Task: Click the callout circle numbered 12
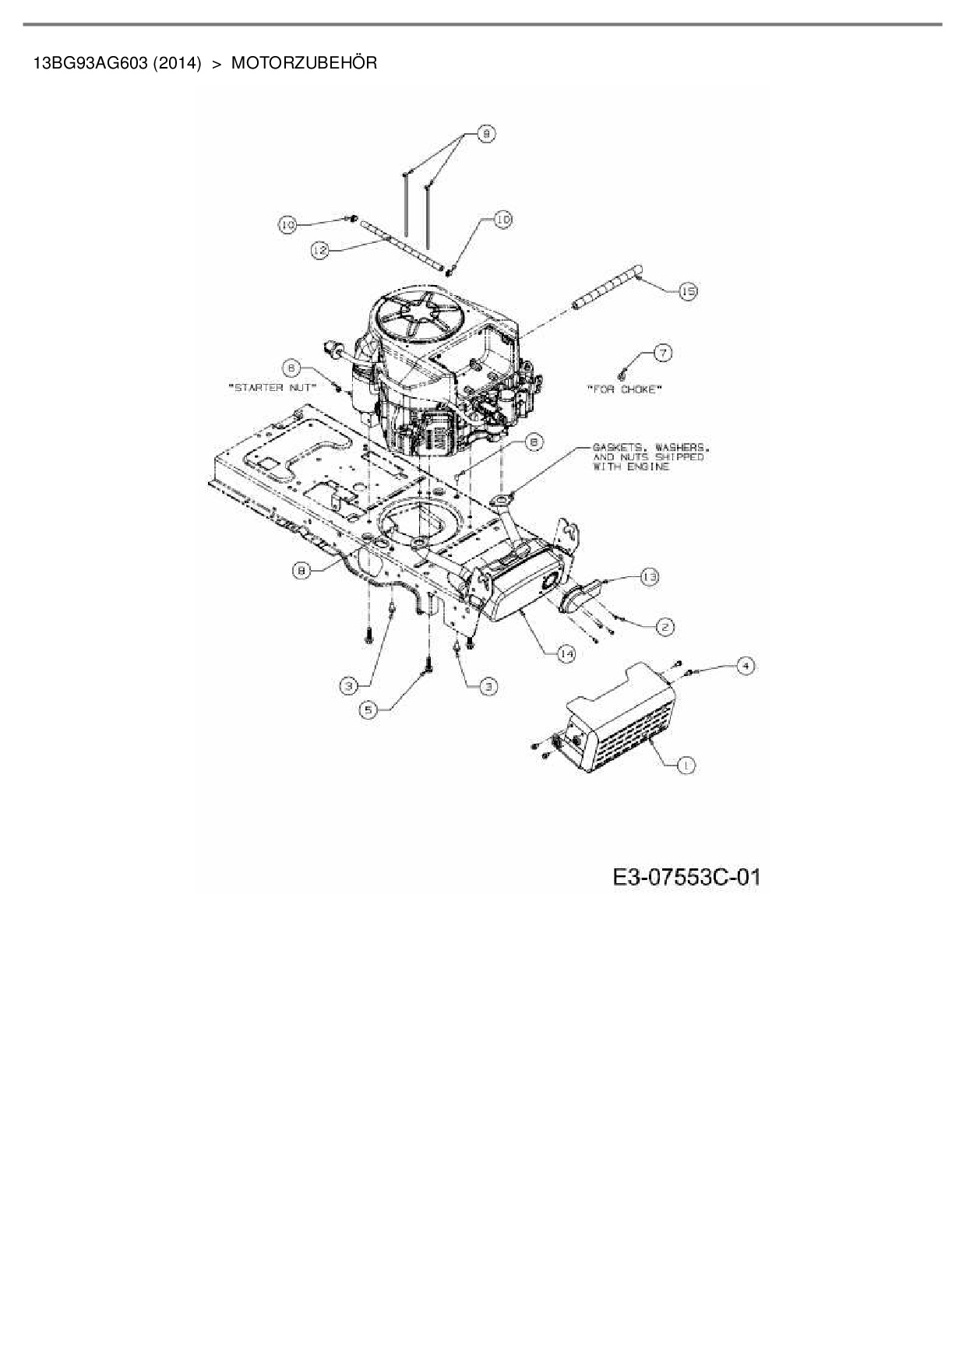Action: [319, 250]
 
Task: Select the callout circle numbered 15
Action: [687, 291]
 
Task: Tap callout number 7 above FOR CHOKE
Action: [661, 353]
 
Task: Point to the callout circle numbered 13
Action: [649, 576]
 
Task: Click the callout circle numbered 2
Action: [665, 626]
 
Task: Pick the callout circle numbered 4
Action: [746, 666]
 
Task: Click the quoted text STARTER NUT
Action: [272, 387]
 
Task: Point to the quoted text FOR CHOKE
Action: [623, 389]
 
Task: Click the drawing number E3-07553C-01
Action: [686, 878]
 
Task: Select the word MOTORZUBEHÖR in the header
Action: [304, 63]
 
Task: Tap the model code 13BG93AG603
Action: [90, 63]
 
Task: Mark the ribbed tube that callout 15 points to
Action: [606, 287]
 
